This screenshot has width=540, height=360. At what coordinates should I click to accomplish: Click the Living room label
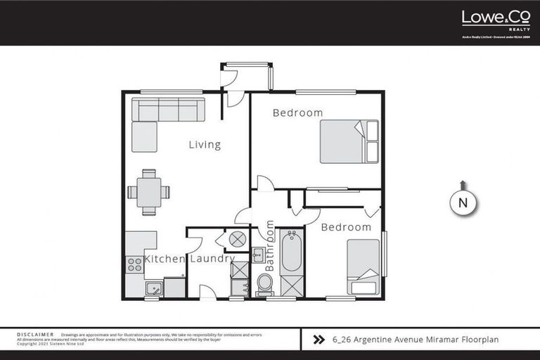coord(205,145)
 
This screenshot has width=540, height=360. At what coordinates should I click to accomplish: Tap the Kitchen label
coord(165,259)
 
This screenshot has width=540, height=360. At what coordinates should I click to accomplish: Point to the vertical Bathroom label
coord(270,246)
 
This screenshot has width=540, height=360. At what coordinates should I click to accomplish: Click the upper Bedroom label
coord(297,112)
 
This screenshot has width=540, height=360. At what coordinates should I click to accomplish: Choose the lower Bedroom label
coord(346,227)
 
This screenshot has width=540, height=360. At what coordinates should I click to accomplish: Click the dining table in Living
coord(148,191)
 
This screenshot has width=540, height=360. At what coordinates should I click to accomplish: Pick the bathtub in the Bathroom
coord(291,252)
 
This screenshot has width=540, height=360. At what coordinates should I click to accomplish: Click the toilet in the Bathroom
coord(265,283)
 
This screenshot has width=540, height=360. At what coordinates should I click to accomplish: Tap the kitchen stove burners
coord(134,264)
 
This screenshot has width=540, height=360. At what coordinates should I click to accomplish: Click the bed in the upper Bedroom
coord(349,141)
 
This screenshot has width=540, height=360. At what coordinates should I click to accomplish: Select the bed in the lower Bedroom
coord(363,266)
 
